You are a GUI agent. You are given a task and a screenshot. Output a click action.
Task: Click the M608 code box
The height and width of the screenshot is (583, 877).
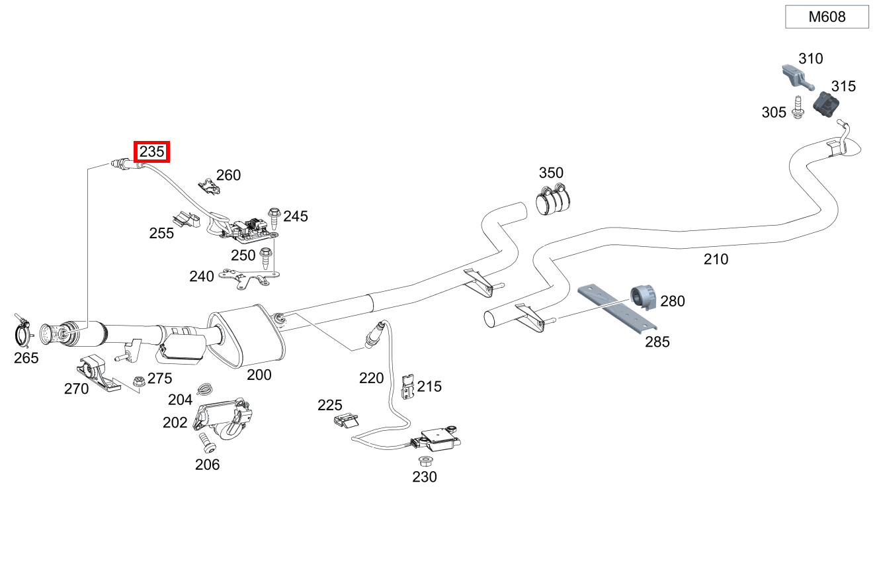click(x=827, y=17)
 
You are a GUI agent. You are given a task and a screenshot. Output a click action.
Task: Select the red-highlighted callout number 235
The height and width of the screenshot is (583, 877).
click(x=151, y=152)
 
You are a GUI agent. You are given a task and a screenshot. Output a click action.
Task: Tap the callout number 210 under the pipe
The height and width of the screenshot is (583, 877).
click(x=716, y=259)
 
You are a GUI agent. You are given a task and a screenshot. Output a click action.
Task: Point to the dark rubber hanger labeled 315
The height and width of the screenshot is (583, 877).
click(x=827, y=105)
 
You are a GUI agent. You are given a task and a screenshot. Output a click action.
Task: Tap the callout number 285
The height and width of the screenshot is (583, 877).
click(x=657, y=342)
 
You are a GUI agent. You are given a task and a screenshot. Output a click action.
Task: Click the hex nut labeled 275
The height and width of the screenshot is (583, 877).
click(x=139, y=381)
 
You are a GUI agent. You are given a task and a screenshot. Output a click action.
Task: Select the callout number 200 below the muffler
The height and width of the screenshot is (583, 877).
click(x=259, y=375)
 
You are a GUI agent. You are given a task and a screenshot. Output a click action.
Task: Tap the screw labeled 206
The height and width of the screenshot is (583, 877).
click(x=205, y=441)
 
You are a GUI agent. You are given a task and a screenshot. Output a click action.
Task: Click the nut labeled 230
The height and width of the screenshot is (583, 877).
click(x=425, y=460)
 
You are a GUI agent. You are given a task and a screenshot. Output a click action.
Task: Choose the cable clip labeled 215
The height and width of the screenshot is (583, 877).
click(x=408, y=387)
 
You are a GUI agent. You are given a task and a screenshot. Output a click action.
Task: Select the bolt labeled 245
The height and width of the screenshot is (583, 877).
click(x=274, y=216)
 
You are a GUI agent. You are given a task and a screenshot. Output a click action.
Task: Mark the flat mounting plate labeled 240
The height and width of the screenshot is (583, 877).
click(x=251, y=278)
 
